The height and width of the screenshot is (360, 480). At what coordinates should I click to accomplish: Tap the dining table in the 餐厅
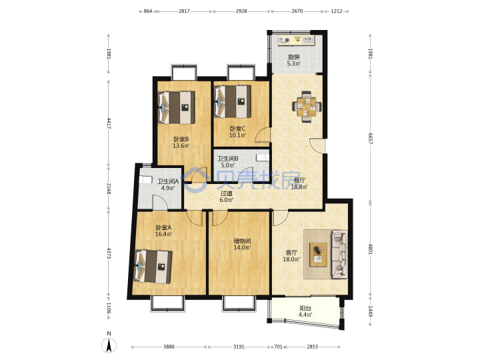(x=307, y=107)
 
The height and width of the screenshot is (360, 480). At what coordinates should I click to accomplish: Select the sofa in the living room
(x=339, y=255)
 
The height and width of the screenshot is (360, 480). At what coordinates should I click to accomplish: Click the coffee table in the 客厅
(x=318, y=255)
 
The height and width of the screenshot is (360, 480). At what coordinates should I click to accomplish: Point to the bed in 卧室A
(x=153, y=266)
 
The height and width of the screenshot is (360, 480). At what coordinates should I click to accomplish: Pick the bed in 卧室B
(x=176, y=107)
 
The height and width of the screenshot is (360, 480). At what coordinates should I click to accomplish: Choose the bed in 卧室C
(x=233, y=101)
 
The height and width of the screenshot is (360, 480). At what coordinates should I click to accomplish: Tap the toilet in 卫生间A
(x=146, y=180)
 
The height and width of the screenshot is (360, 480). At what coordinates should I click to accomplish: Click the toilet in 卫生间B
(x=263, y=157)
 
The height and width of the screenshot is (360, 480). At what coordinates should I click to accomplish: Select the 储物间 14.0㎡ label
(x=242, y=244)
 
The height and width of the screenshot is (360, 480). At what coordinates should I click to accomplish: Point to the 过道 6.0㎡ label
(x=227, y=197)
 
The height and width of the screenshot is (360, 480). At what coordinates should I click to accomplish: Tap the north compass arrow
(x=109, y=346)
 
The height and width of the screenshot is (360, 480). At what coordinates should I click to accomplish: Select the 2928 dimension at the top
(x=241, y=11)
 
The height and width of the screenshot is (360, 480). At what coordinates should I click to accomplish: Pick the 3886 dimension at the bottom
(x=169, y=347)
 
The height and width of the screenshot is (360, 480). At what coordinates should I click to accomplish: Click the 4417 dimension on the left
(x=109, y=123)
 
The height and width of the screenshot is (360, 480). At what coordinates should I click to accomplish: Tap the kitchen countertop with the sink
(x=296, y=40)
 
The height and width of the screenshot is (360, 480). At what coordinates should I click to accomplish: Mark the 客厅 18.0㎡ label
(x=291, y=256)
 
